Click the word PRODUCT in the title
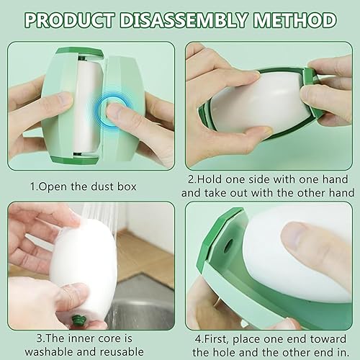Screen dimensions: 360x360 tap(69, 19)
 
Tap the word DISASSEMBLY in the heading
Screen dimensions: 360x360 tap(184, 19)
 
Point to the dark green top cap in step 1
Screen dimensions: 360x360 tap(80, 53)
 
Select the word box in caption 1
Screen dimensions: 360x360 tap(127, 186)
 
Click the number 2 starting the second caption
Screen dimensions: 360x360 tap(191, 179)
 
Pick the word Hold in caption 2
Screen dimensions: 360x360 tap(210, 179)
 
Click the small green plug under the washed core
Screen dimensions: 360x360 tap(78, 320)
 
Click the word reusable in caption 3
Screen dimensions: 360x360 tap(122, 352)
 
